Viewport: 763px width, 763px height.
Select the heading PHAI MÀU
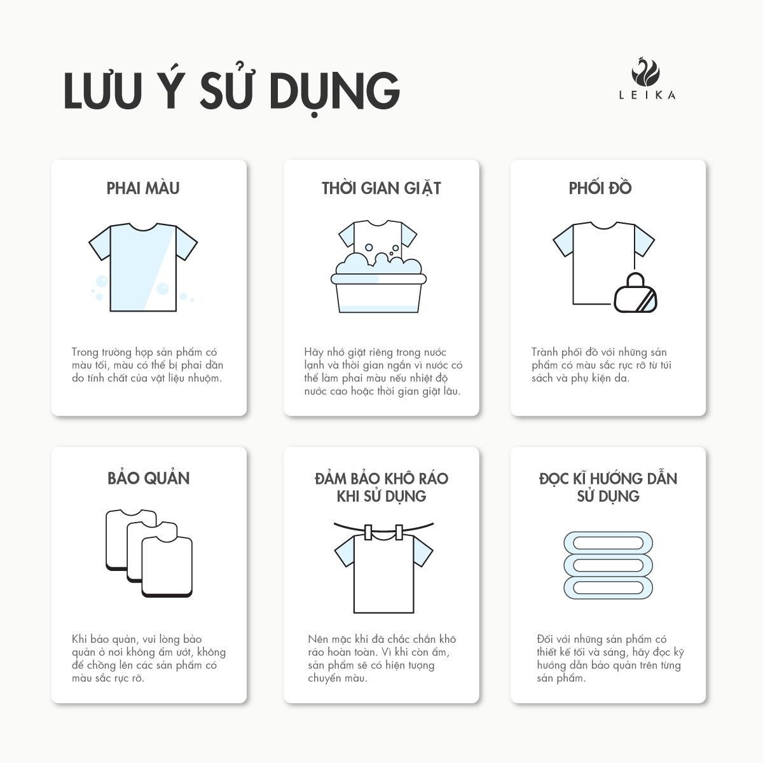coord(143,188)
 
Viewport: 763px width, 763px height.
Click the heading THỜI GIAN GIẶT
coord(381,188)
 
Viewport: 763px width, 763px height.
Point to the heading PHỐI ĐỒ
coord(600,188)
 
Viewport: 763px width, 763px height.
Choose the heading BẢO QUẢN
coord(149,478)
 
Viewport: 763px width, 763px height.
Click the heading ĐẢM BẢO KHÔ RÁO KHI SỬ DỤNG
coord(381,487)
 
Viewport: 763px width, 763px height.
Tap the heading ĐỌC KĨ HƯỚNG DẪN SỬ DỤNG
coord(608,487)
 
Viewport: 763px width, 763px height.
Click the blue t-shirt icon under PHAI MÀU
coord(142,267)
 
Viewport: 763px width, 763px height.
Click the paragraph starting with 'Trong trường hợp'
coord(148,365)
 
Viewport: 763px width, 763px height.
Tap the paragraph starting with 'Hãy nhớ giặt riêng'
coord(383,371)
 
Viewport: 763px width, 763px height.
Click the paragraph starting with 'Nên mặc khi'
coord(381,658)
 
